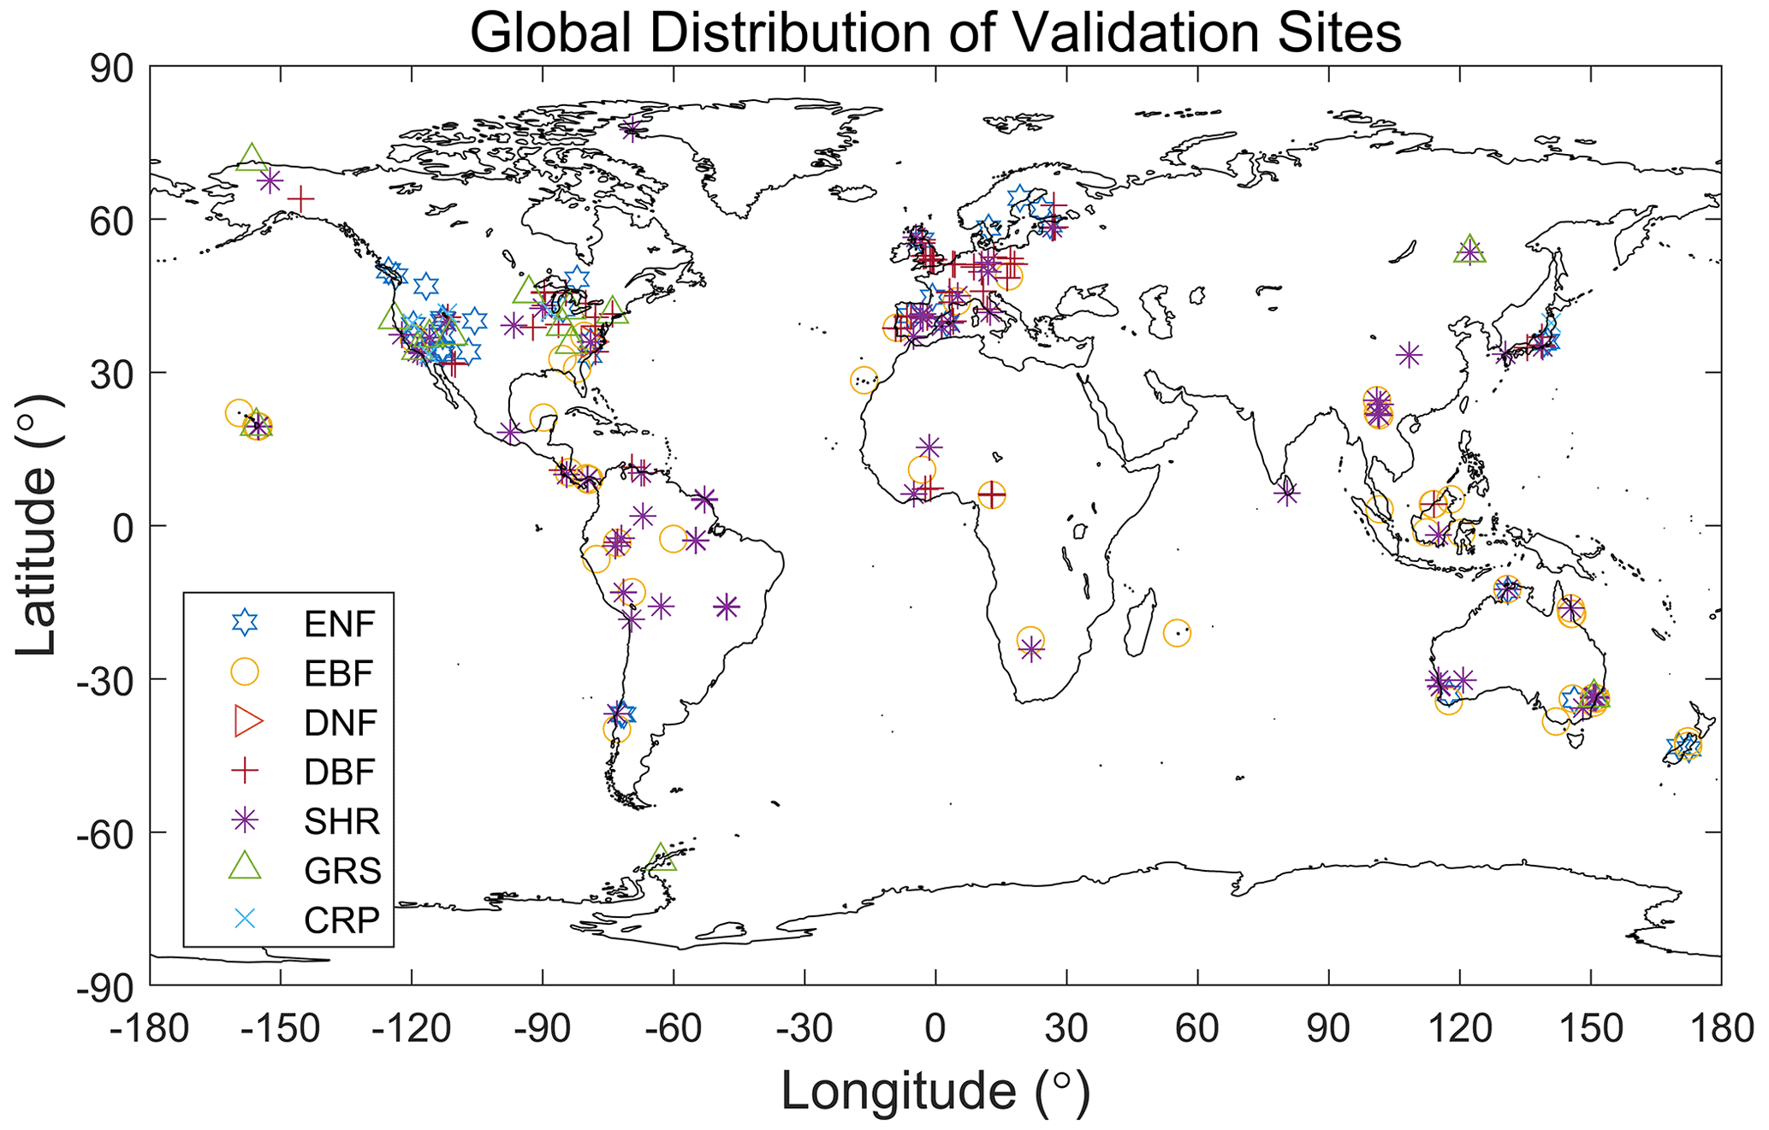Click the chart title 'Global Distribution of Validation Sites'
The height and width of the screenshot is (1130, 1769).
coord(935,34)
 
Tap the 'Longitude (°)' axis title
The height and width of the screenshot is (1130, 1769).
coord(935,1092)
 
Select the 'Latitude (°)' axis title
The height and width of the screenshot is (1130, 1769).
coord(36,524)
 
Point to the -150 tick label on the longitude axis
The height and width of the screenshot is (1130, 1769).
coord(280,1028)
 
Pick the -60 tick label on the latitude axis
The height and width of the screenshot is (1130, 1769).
coord(111,832)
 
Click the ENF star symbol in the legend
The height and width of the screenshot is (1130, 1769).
coord(246,624)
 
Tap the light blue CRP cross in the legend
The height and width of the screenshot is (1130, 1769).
coord(246,920)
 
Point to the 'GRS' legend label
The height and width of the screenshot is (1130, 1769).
coord(342,871)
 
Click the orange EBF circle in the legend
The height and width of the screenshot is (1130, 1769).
coord(246,672)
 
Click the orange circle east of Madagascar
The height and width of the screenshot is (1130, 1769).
coord(1177,633)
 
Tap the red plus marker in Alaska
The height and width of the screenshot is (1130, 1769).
coord(300,200)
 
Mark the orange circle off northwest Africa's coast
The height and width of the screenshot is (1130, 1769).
coord(864,381)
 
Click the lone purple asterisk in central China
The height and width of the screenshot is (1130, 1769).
coord(1409,354)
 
